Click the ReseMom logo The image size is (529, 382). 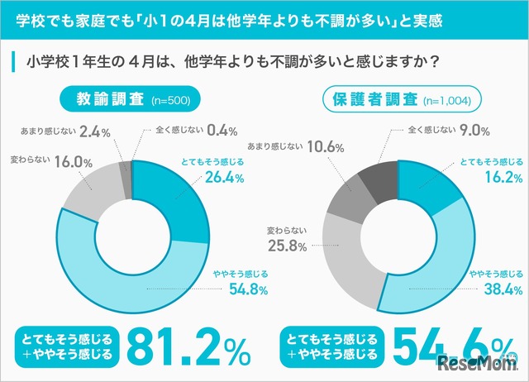tap(483, 363)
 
